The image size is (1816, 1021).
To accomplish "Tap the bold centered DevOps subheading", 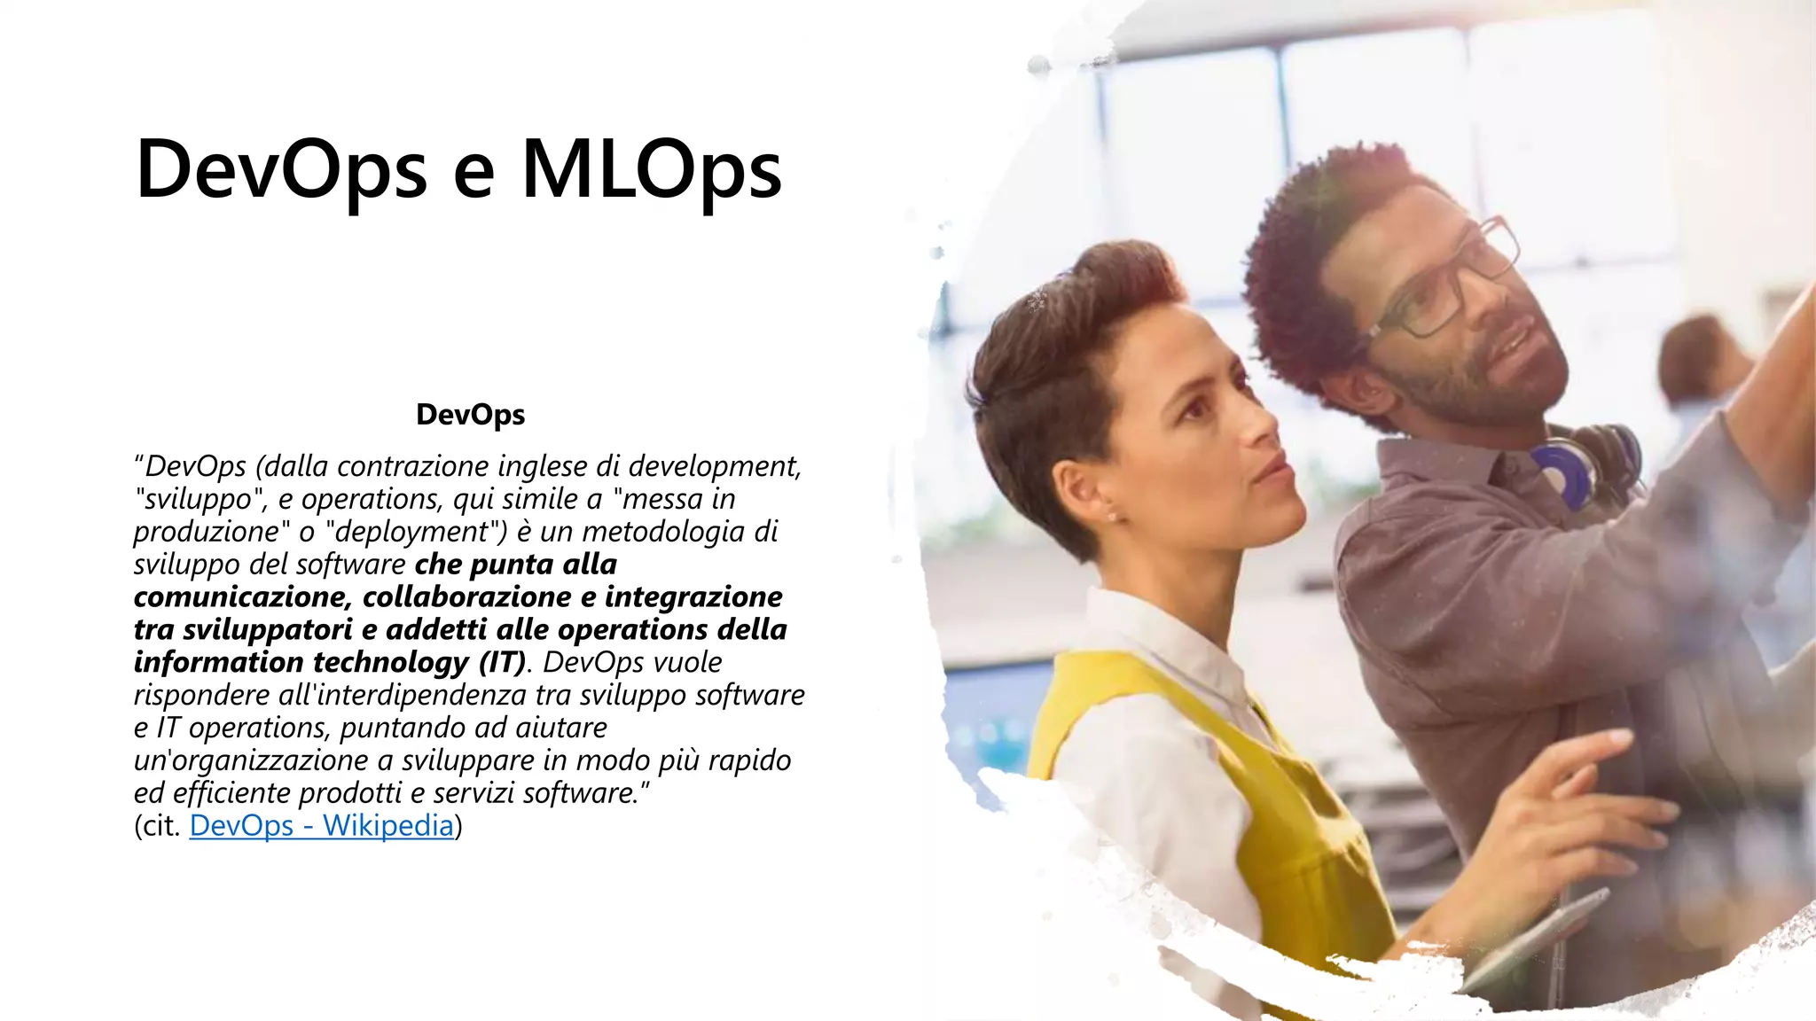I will (x=470, y=415).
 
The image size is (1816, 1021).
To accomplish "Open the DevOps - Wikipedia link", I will (x=321, y=826).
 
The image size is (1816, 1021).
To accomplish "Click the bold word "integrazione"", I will (x=693, y=597).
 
